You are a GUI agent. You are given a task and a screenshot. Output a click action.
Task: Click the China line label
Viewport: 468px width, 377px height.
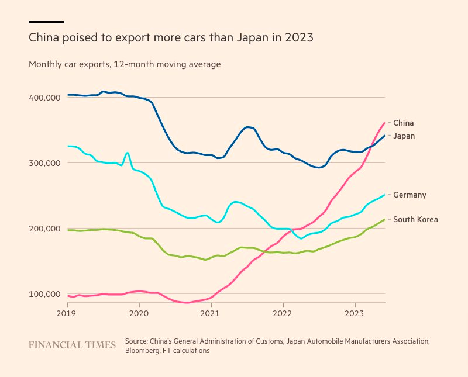tap(403, 123)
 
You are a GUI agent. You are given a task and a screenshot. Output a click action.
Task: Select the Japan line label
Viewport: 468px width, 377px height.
tap(404, 136)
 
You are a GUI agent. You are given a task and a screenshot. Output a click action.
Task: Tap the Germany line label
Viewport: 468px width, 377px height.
tap(409, 195)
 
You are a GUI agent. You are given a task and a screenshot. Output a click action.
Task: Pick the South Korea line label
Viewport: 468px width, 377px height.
tap(415, 219)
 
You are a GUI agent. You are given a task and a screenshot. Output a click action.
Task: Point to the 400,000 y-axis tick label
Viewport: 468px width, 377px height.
tap(44, 98)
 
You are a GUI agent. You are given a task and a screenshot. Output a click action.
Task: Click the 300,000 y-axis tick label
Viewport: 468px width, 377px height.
tap(44, 163)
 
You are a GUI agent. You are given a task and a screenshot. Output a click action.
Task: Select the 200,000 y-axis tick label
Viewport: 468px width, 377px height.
tap(44, 229)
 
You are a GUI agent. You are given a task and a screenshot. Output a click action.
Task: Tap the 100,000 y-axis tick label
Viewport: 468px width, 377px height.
tap(44, 294)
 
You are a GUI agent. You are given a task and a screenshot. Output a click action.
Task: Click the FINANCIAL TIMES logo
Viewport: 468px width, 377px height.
tap(72, 345)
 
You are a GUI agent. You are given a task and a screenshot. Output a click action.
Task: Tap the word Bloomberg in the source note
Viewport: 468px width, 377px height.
tap(143, 351)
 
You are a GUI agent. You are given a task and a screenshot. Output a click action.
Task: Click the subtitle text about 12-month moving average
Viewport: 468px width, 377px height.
tap(125, 64)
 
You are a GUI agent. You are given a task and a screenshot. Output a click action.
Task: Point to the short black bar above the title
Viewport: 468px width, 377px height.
tap(46, 22)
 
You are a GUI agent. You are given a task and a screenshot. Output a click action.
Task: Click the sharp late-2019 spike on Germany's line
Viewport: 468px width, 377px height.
tap(128, 153)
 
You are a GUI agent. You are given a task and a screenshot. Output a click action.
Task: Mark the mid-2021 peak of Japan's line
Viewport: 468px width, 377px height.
tap(248, 127)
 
